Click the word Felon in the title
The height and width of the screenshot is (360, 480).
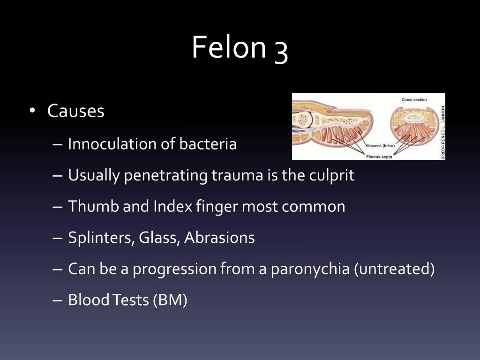coord(229,47)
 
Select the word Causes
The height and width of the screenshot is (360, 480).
coord(75,111)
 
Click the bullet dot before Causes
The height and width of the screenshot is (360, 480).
coord(32,110)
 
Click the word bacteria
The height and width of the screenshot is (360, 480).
coord(208,143)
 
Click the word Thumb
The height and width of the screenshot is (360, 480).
coord(93,206)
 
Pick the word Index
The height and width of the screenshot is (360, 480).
coord(172,206)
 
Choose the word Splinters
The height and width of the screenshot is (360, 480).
coord(101,238)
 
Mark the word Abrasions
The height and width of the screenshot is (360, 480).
coord(219,238)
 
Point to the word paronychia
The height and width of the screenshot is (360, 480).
coord(310,269)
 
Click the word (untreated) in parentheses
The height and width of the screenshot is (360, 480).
coord(394,269)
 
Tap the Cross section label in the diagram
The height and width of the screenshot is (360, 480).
coord(414,99)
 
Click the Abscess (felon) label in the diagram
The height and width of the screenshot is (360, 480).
coord(380,146)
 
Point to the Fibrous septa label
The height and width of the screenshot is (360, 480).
coord(379,157)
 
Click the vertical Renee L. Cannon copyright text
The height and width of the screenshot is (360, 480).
coord(443,133)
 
